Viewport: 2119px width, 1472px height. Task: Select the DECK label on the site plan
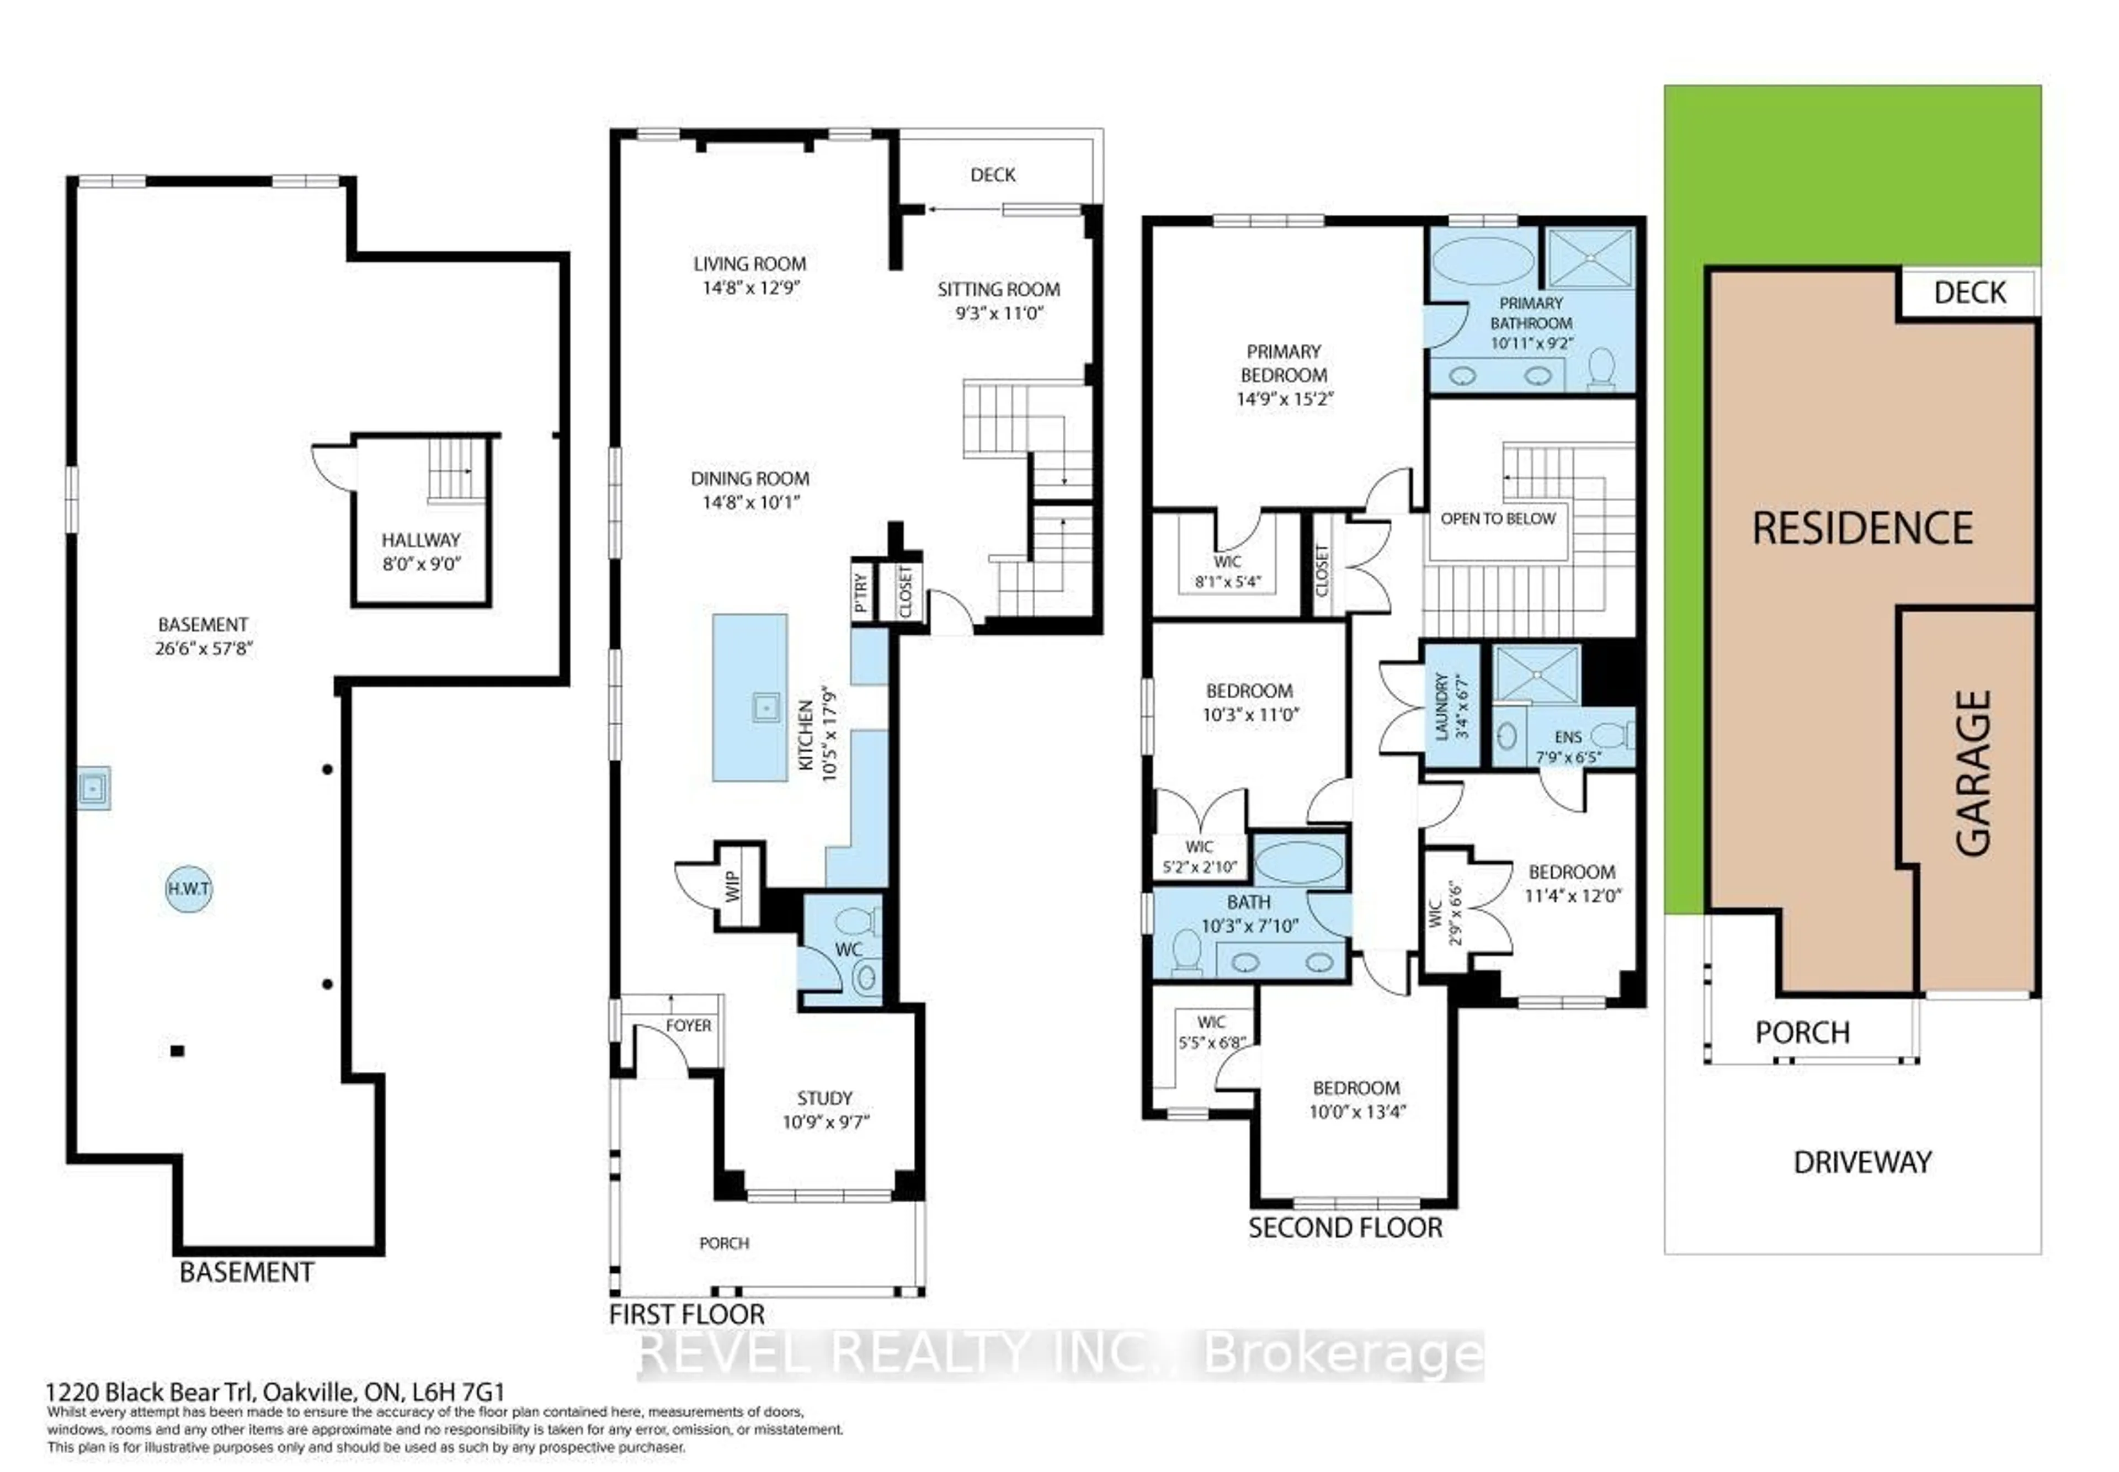point(1969,293)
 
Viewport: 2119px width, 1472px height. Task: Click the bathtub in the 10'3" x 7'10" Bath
point(1298,862)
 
